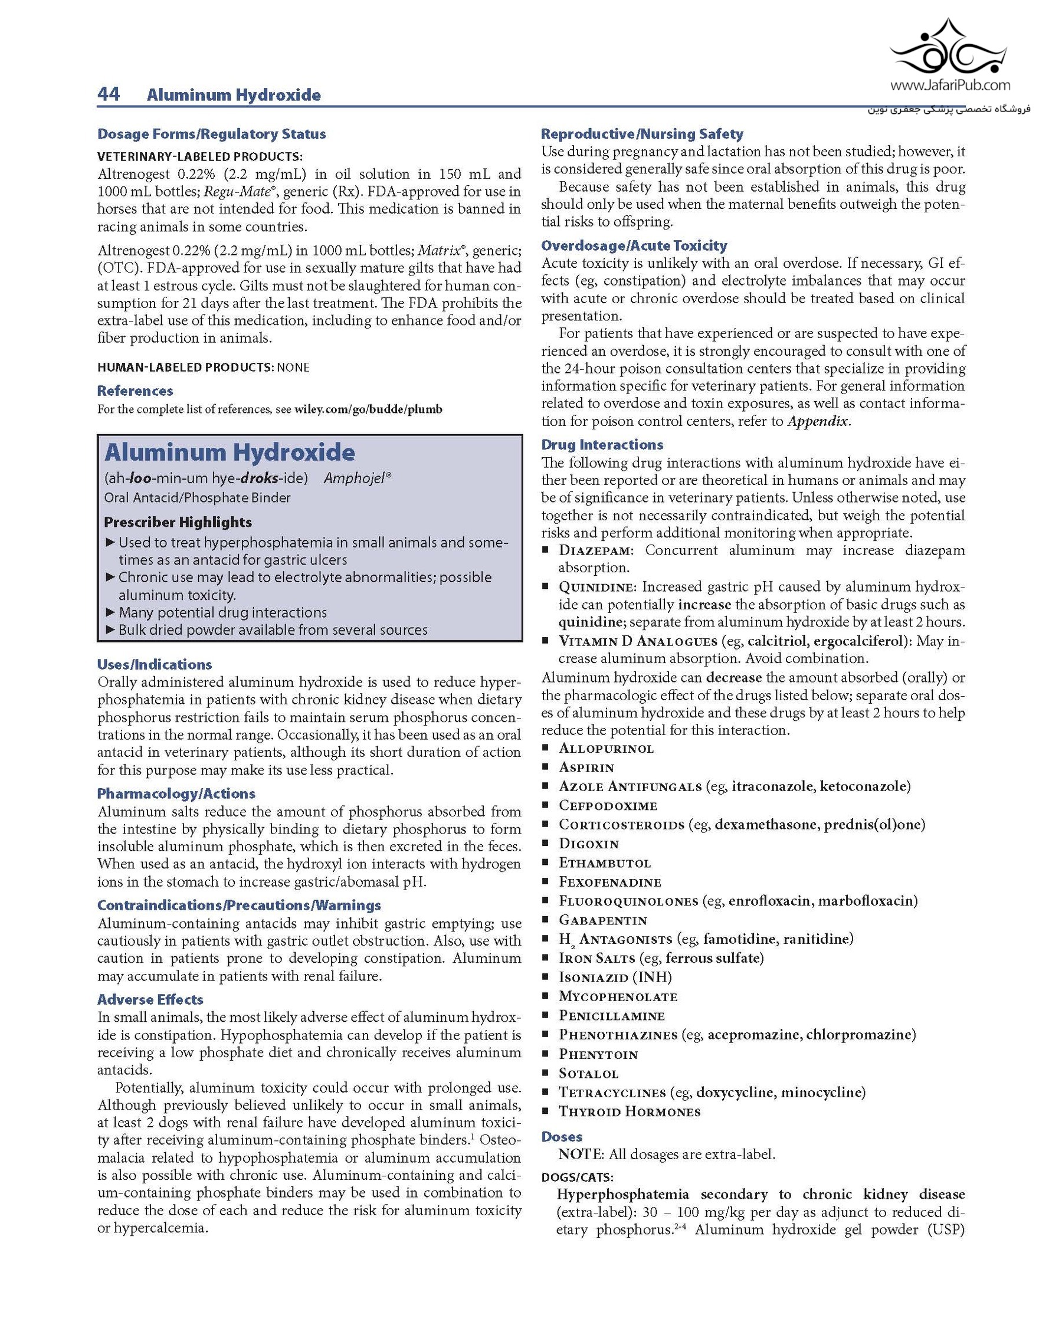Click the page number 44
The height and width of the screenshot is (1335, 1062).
coord(109,94)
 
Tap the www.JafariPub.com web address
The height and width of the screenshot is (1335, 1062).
coord(950,85)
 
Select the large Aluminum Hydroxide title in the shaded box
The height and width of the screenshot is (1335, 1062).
coord(229,452)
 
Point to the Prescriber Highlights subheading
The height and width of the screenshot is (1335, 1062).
coord(178,522)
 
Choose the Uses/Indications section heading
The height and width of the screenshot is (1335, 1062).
coord(154,664)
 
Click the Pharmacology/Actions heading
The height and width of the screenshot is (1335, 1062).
coord(176,794)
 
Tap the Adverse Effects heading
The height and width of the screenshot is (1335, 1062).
coord(150,999)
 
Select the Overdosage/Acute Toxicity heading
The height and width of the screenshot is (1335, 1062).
coord(634,245)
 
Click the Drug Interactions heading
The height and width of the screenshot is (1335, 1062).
coord(601,445)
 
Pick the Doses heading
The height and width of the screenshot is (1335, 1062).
coord(561,1137)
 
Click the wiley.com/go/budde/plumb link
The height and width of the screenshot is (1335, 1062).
coord(368,409)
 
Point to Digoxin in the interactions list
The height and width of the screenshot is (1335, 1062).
coord(588,844)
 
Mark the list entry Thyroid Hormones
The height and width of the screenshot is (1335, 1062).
coord(629,1111)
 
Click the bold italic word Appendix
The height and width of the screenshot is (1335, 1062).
coord(818,422)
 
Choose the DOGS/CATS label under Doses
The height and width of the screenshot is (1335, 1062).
coord(577,1177)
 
